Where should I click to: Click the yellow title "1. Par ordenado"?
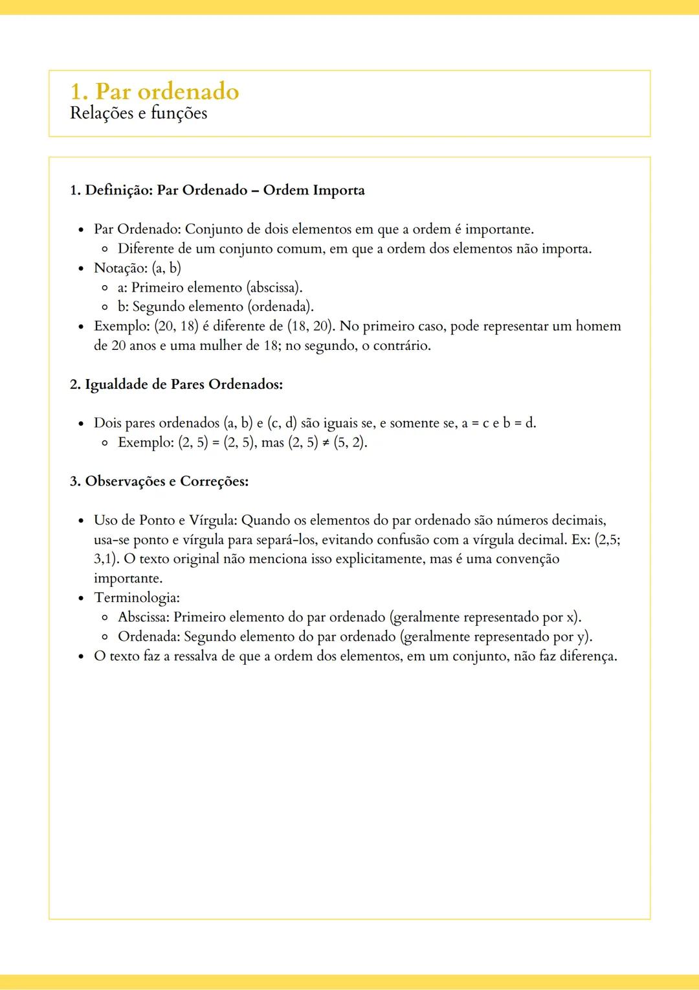154,91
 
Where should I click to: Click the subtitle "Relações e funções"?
139,113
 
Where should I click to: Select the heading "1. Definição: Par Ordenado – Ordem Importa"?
217,190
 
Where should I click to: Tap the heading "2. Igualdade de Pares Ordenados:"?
176,384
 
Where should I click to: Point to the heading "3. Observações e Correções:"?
159,481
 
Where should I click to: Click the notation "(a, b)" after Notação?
166,268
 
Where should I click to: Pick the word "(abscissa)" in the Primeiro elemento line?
274,288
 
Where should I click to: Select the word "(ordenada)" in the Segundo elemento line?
280,307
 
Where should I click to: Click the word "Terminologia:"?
137,598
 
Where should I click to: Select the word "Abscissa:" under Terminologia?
144,617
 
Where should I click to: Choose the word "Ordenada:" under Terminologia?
149,637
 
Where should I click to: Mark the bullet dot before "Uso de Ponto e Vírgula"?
81,521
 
